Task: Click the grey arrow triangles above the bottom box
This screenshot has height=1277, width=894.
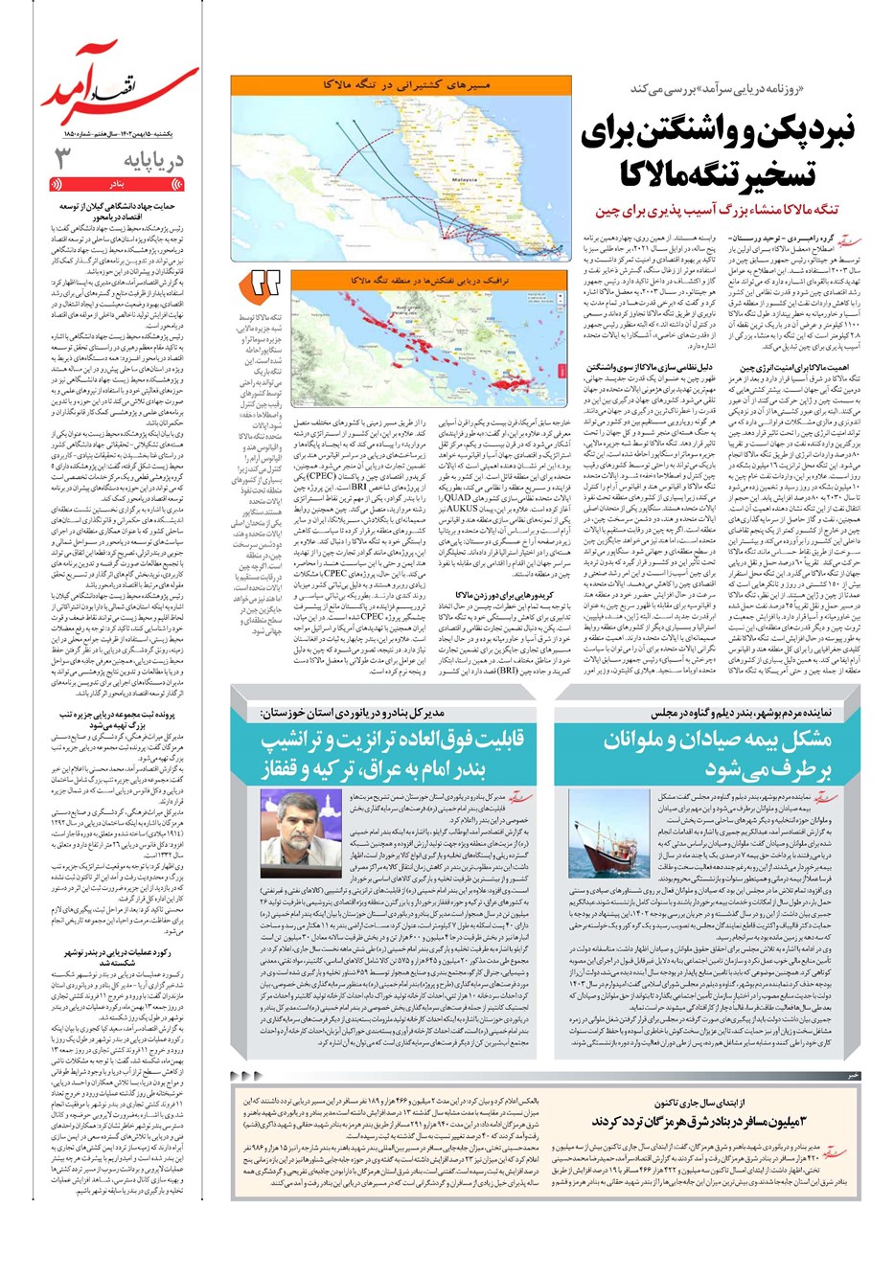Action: click(246, 1076)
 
